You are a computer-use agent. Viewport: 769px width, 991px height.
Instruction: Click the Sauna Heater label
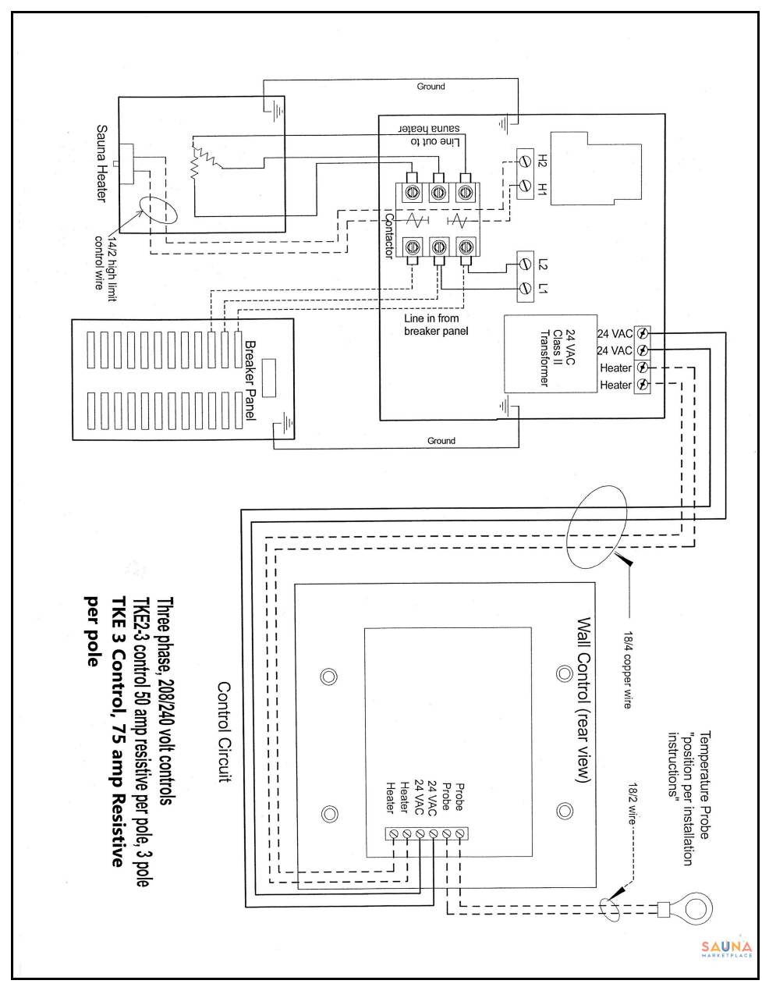tap(101, 163)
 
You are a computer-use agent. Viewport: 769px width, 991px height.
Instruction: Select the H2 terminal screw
tap(525, 162)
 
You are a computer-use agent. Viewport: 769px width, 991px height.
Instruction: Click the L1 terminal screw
tap(525, 289)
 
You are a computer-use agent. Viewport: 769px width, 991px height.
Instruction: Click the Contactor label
tap(389, 235)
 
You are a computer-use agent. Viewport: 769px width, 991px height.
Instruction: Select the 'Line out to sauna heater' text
tap(430, 135)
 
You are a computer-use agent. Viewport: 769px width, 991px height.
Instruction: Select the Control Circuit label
tap(224, 732)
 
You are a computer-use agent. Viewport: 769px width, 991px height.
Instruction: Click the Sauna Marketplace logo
tap(727, 949)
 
